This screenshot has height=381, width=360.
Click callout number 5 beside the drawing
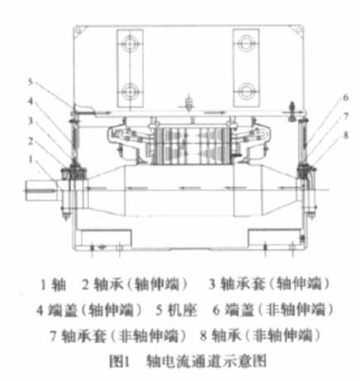tap(31, 82)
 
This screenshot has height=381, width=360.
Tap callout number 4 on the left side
tap(31, 101)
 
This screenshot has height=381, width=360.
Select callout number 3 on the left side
tap(31, 121)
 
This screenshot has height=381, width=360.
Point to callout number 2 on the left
tap(31, 141)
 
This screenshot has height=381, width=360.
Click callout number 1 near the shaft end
tap(31, 160)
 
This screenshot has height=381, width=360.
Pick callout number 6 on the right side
tap(346, 97)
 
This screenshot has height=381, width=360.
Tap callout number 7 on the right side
tap(346, 116)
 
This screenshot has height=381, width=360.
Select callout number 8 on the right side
tap(346, 135)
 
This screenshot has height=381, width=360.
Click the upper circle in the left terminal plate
tap(130, 43)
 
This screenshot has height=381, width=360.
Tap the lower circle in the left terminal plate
tap(130, 92)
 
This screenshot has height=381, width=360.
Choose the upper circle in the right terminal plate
tap(246, 43)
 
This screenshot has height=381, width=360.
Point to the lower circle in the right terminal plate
tap(246, 92)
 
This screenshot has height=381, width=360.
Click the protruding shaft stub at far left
tap(42, 190)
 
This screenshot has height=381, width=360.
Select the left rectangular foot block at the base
tap(106, 238)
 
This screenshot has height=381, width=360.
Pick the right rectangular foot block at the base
tap(274, 238)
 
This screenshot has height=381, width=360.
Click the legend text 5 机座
tap(177, 310)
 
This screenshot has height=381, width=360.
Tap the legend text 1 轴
tap(53, 285)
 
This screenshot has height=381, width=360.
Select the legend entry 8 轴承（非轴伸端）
tap(261, 336)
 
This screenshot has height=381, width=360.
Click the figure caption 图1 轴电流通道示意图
tap(188, 361)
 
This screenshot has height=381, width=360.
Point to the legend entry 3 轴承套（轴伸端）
tap(269, 284)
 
